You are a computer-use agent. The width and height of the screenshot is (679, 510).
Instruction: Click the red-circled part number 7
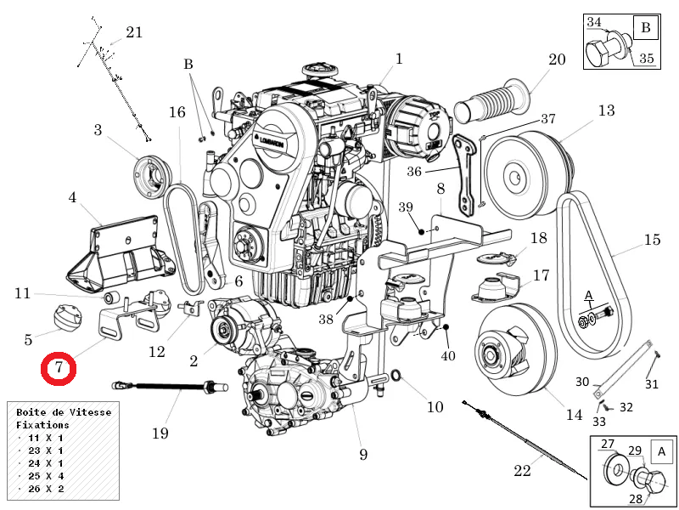click(x=59, y=368)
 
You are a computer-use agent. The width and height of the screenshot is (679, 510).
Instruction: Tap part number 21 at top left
click(x=134, y=32)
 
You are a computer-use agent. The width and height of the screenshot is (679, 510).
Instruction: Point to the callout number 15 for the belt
click(x=651, y=240)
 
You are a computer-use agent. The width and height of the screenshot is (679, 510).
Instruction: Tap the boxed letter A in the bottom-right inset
click(x=661, y=450)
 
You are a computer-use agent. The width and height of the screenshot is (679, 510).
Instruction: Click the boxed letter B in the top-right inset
click(x=645, y=28)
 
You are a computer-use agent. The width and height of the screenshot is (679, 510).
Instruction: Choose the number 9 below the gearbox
click(x=363, y=455)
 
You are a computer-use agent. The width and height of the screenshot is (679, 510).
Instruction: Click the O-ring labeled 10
click(x=398, y=376)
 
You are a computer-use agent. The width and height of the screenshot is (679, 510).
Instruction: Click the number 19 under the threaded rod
click(x=160, y=433)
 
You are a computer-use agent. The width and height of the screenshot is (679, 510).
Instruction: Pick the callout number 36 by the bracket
click(x=414, y=171)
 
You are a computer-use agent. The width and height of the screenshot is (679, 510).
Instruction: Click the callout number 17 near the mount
click(x=541, y=275)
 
